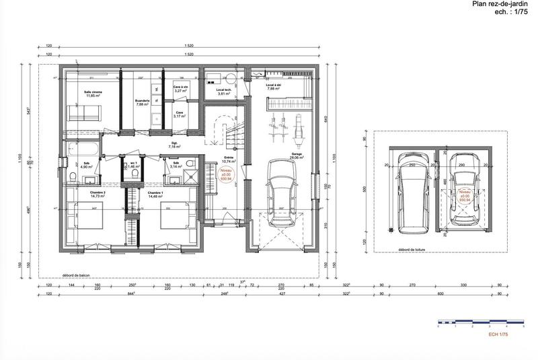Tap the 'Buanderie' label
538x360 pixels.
coord(141,102)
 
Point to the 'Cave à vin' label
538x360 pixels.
coord(180,88)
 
